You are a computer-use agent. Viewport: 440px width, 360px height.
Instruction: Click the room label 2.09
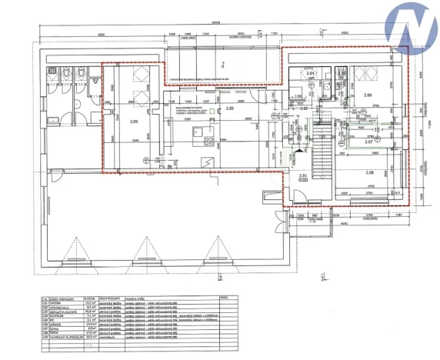click(134, 122)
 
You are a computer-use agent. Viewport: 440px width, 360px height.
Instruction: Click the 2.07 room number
click(368, 142)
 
